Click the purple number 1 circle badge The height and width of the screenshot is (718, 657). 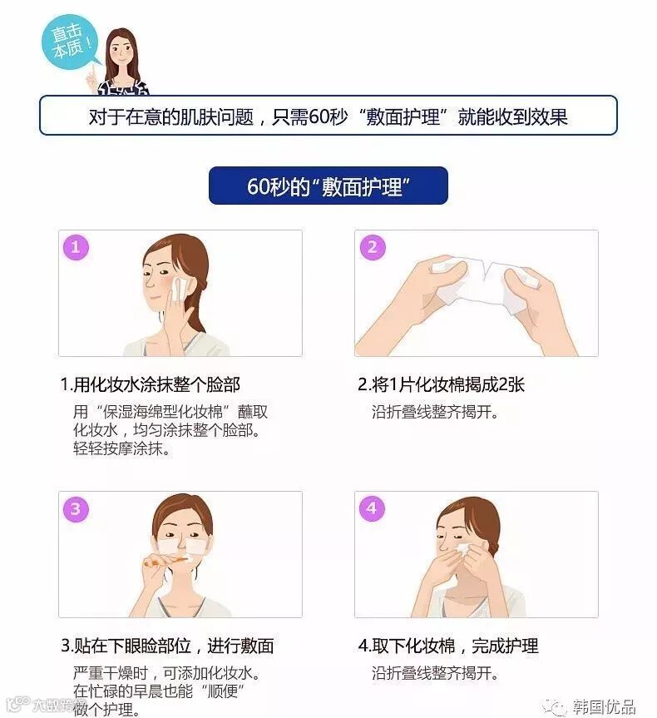coord(76,247)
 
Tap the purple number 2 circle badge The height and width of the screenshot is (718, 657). coord(373,247)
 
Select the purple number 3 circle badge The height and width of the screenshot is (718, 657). coord(76,508)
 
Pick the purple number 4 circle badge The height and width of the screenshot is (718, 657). coord(372,508)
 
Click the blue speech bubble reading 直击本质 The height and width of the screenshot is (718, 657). coord(70,42)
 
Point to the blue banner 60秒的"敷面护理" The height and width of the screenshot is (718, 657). coord(328,186)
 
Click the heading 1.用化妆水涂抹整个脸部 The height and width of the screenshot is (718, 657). coord(151,384)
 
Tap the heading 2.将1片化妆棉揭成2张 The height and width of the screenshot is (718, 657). coord(441,384)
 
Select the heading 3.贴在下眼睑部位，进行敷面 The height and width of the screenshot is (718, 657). coord(167,646)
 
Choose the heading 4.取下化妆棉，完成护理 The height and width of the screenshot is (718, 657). coord(448,646)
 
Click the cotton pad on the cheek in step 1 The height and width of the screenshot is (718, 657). coord(179,289)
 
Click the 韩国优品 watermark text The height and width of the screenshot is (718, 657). coord(604,706)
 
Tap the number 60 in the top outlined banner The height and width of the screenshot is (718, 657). coord(319,116)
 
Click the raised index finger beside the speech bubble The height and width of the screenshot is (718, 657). coord(94,72)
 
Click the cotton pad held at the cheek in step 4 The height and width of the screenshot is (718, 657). coord(464,550)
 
